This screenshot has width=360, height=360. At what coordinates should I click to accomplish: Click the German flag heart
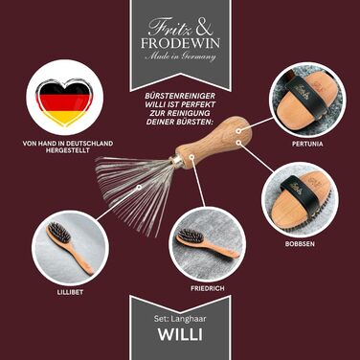(64, 101)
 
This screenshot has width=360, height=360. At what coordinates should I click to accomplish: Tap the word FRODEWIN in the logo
(180, 43)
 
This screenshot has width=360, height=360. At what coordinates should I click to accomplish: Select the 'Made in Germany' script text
(180, 56)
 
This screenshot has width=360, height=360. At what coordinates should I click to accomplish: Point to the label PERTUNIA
(307, 144)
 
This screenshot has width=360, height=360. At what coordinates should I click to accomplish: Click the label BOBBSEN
(300, 244)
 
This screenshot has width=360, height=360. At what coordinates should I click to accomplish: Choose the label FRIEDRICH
(208, 288)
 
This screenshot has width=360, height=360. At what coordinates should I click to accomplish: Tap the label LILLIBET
(71, 292)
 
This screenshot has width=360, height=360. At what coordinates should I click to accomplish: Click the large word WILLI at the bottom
(180, 334)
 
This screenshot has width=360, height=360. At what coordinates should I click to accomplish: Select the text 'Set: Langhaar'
(180, 319)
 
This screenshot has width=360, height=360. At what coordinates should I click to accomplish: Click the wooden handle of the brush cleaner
(214, 141)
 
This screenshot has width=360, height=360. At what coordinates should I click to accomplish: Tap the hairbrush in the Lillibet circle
(70, 249)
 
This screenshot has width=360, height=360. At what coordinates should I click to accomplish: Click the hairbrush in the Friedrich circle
(207, 242)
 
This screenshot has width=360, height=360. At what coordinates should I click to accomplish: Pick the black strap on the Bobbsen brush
(299, 194)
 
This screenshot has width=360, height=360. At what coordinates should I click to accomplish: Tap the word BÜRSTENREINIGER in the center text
(180, 96)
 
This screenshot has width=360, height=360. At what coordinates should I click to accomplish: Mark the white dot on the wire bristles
(139, 188)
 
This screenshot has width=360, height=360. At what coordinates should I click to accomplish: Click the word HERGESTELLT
(68, 150)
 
